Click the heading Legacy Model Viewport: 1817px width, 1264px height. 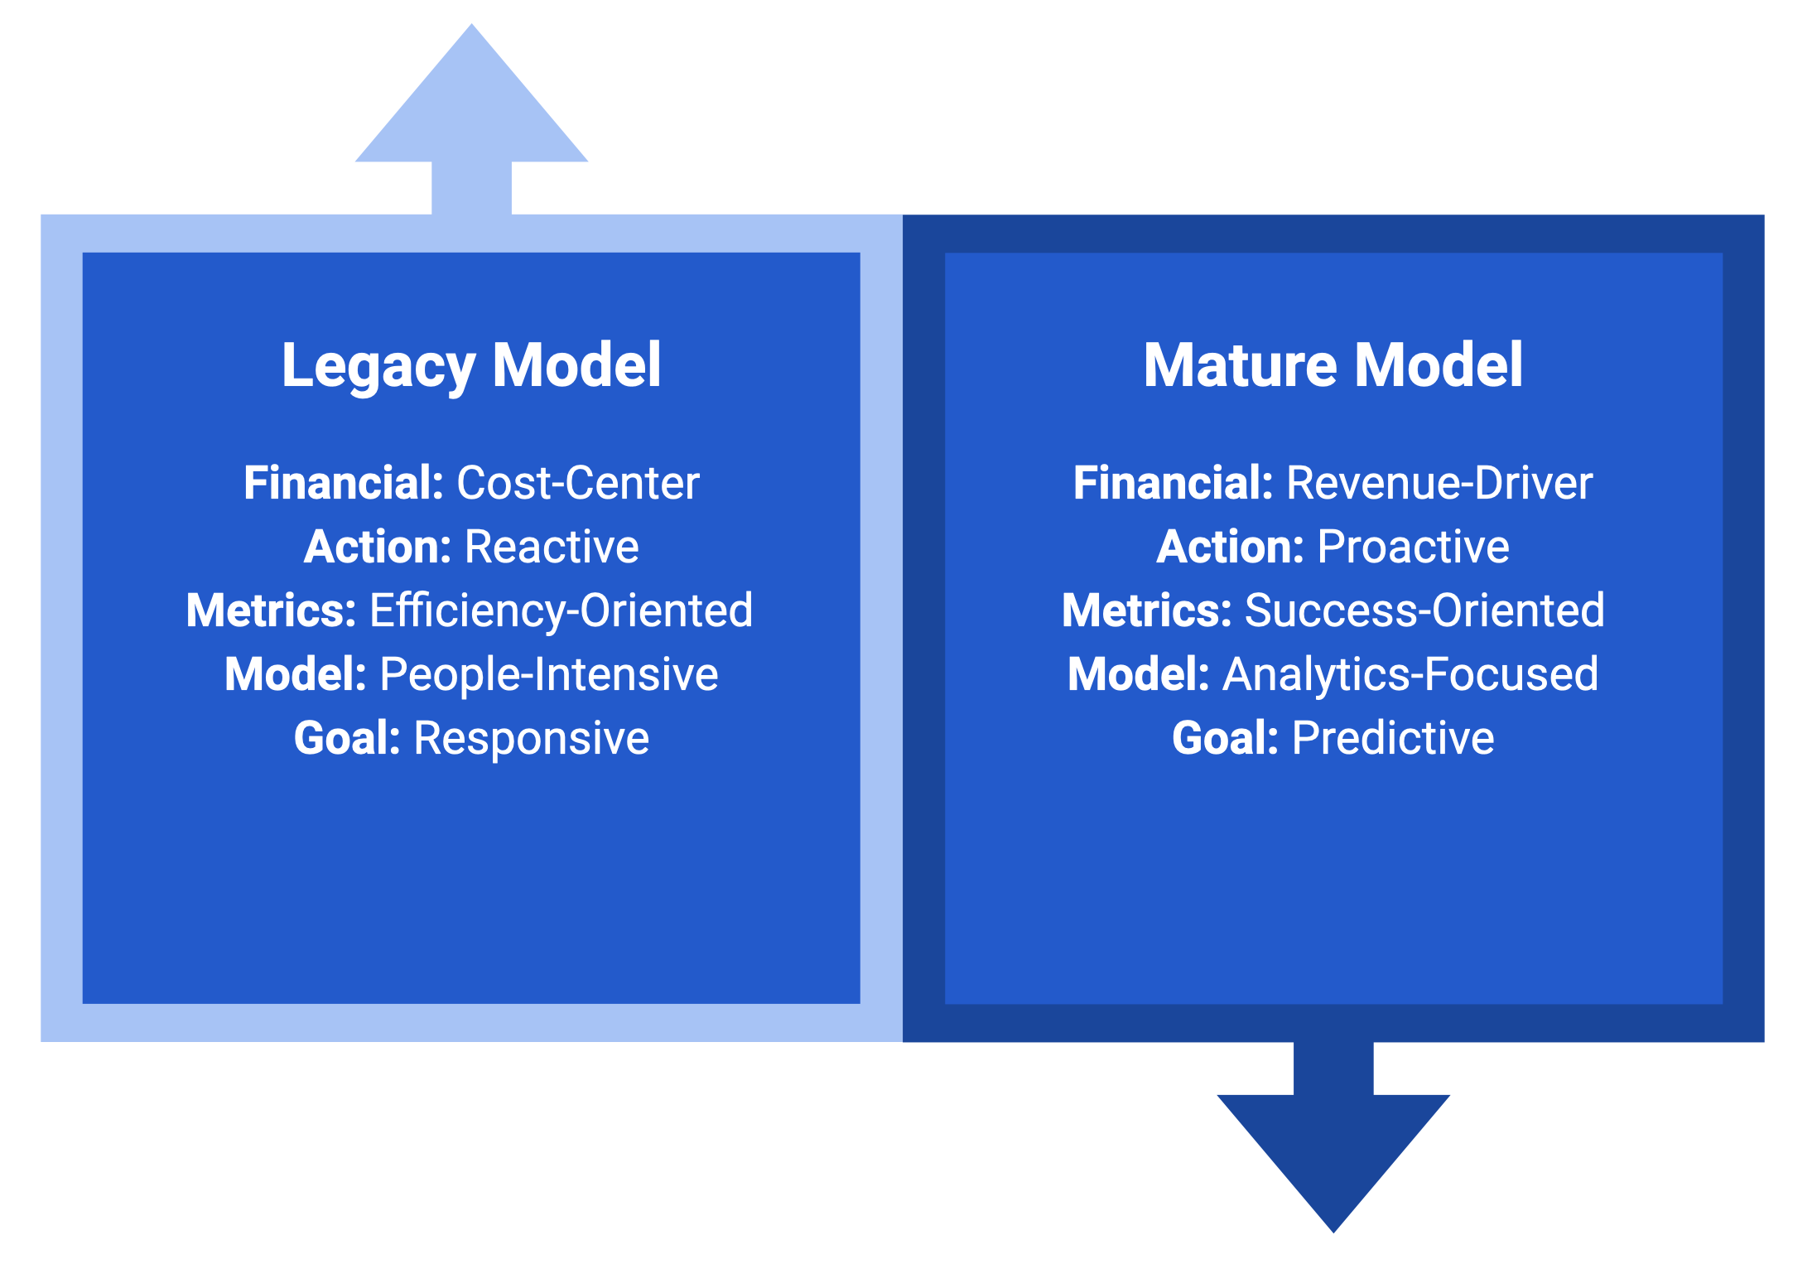click(471, 365)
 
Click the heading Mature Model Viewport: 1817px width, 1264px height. click(1333, 365)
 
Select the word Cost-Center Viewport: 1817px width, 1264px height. click(578, 483)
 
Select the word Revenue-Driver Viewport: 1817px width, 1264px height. click(1439, 483)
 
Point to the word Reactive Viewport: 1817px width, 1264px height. click(552, 547)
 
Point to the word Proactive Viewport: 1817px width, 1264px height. click(1413, 547)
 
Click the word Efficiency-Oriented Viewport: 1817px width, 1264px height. click(561, 610)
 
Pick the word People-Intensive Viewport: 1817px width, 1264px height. click(549, 674)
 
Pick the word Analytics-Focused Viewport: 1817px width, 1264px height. click(1410, 674)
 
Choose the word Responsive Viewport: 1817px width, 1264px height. click(531, 738)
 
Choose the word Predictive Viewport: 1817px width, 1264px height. click(1393, 738)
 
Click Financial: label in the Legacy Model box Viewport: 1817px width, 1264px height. click(344, 483)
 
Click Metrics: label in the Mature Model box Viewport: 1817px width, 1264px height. click(1147, 610)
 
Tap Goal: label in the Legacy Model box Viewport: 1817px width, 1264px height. click(347, 738)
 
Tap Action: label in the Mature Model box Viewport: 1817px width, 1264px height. click(1230, 547)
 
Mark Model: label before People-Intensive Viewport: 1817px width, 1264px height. click(296, 674)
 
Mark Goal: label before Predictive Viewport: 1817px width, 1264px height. click(1225, 738)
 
